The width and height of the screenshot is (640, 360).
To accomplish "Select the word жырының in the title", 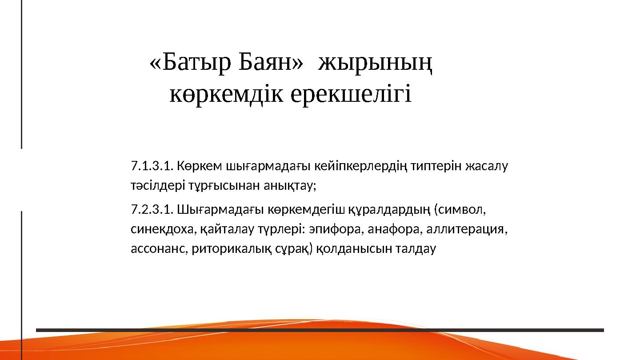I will (376, 65).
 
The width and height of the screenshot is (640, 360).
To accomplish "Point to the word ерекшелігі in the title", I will (351, 94).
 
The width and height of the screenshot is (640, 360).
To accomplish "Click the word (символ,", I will (460, 209).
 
